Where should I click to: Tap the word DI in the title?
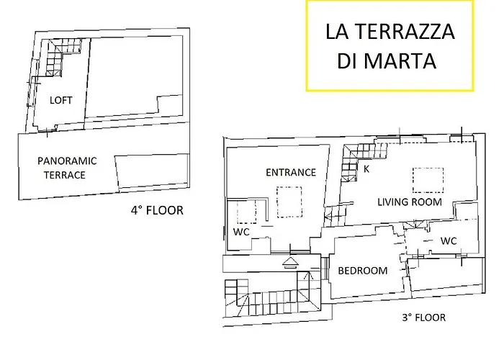point(348,61)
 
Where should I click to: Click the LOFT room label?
point(61,101)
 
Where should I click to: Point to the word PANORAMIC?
point(67,161)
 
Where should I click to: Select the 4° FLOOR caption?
point(156,211)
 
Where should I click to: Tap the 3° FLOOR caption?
point(423,318)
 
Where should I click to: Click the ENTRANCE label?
point(291,172)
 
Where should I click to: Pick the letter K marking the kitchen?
point(366,170)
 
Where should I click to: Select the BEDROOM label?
point(363,271)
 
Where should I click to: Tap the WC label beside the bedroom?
point(449,240)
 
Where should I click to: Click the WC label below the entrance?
point(241,233)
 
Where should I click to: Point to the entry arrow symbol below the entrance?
point(290,262)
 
